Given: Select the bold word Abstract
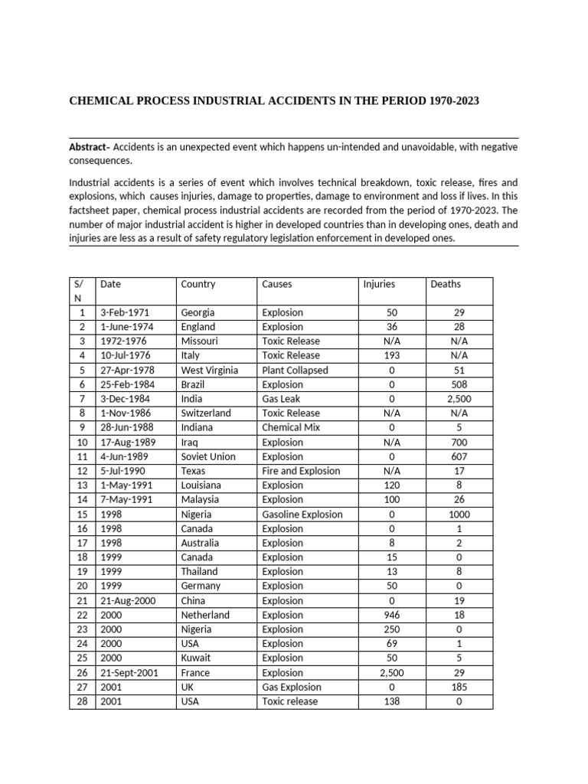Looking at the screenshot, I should click(x=89, y=147).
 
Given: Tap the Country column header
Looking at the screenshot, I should click(x=198, y=284).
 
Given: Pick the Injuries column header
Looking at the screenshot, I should click(x=379, y=284).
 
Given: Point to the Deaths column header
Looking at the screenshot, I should click(x=446, y=284).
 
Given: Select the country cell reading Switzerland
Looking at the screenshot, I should click(x=206, y=413).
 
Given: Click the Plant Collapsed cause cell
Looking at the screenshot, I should click(x=295, y=370).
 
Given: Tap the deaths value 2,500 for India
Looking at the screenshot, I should click(x=459, y=399).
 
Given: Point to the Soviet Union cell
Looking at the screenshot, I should click(x=208, y=456).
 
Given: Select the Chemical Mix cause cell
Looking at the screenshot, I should click(x=291, y=427).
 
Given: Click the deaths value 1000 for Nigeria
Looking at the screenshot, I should click(x=459, y=514).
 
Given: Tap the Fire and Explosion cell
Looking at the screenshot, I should click(x=301, y=471).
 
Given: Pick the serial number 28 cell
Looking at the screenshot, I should click(x=81, y=701).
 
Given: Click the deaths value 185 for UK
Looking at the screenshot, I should click(x=459, y=687).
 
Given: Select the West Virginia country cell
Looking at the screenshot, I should click(x=209, y=370).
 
